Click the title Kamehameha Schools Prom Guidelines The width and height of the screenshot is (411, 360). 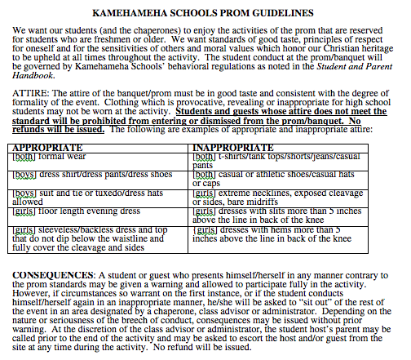[x=205, y=14]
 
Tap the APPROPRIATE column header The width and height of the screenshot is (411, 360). [x=49, y=148]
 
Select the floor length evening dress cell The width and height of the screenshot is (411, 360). [x=73, y=211]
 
